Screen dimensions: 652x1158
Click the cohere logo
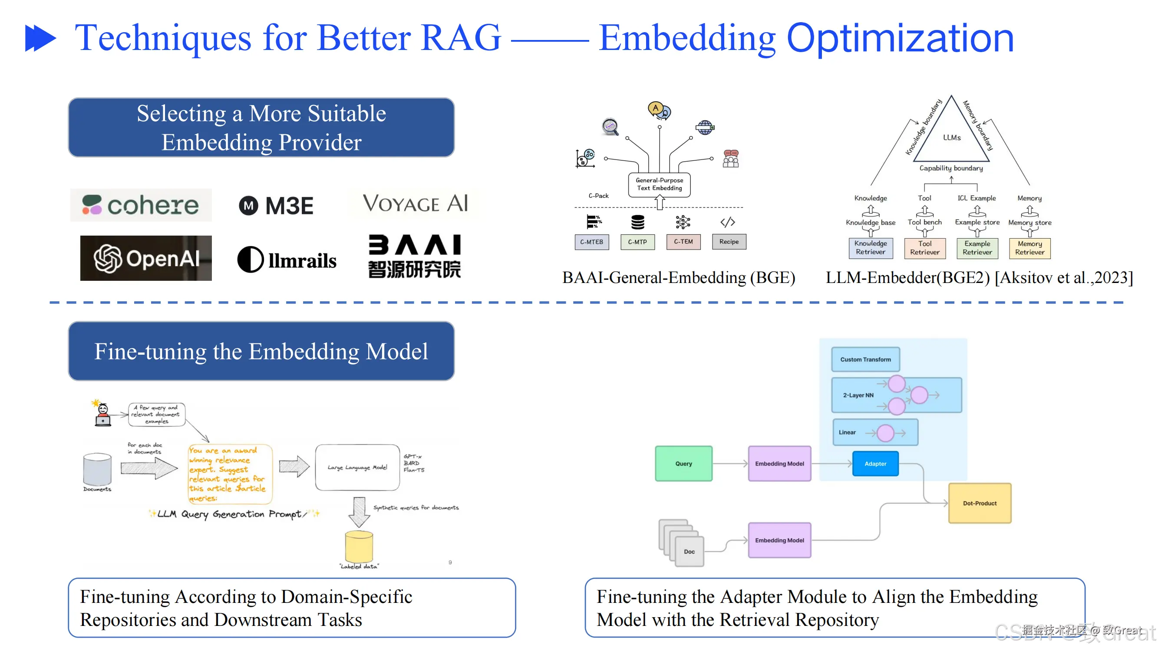141,205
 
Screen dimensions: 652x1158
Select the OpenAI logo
146,258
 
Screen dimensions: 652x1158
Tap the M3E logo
276,206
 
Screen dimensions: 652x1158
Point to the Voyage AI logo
415,203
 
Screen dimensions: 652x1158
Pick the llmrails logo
287,259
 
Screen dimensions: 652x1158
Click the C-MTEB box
591,242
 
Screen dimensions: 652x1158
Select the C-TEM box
683,242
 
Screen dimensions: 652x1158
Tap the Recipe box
729,242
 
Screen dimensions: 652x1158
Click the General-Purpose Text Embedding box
659,184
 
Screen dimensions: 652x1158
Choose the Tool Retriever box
925,248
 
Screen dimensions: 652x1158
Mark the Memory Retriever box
1029,248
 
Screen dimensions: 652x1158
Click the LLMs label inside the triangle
952,138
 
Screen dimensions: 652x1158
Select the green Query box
683,463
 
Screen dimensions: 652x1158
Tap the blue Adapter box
875,463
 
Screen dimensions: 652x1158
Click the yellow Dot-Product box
980,503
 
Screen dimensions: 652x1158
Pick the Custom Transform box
865,359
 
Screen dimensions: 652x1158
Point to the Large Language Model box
357,468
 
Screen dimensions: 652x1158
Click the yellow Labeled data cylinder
359,546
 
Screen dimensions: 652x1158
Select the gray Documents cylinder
97,469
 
